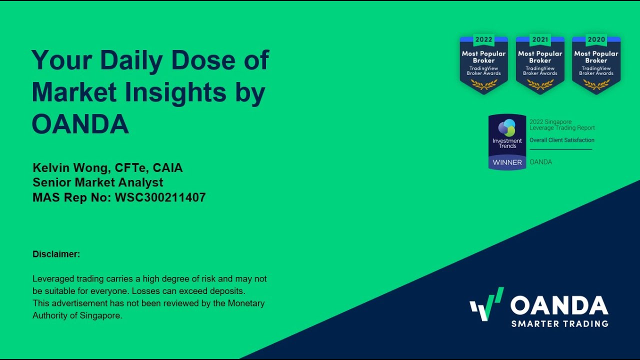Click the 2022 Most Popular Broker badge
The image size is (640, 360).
483,64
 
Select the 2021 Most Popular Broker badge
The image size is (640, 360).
540,64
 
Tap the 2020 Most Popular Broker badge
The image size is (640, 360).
596,64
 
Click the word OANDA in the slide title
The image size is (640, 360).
80,124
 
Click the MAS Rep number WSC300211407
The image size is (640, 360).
160,197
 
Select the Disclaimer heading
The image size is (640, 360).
56,254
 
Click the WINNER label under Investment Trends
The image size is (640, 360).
507,162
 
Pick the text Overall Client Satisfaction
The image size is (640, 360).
562,140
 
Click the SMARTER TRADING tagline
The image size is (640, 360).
559,324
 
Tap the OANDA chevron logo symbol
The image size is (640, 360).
486,304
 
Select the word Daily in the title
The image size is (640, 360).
131,60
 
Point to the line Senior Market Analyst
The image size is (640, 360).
98,182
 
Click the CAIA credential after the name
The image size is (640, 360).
167,168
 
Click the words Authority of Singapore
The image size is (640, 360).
77,315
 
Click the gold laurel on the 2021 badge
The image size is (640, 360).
540,84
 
